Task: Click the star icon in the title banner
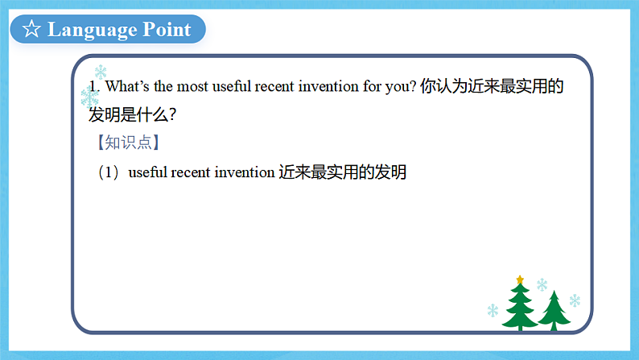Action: [x=31, y=30]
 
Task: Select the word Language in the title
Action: [x=93, y=30]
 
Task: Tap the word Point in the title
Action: [x=167, y=30]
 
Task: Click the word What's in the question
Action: [x=124, y=87]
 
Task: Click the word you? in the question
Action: [x=400, y=87]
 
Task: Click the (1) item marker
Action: [x=109, y=172]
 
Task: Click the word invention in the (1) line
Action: [x=245, y=172]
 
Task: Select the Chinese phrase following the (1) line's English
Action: [x=343, y=172]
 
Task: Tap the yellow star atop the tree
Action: [x=520, y=279]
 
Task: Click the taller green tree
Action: [x=520, y=307]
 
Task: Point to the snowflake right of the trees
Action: [x=575, y=300]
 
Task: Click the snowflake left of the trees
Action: [x=492, y=310]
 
